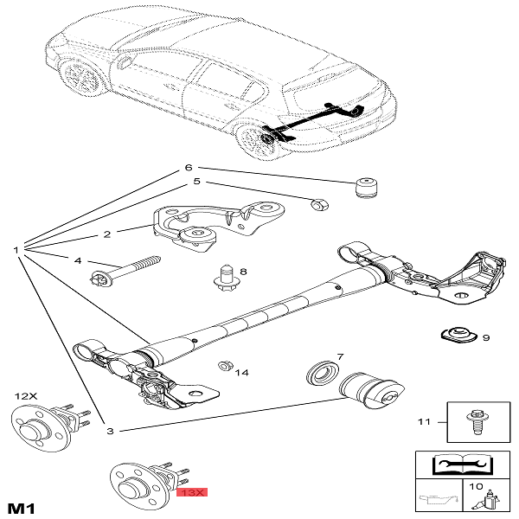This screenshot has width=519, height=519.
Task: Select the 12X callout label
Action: tap(26, 395)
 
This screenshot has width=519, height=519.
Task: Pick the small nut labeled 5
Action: tap(318, 205)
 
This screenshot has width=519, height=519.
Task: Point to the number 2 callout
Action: tap(107, 234)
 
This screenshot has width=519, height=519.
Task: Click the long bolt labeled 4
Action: tap(125, 269)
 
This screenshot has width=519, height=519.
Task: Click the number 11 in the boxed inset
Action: tap(424, 422)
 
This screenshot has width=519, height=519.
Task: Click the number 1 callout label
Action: tap(16, 250)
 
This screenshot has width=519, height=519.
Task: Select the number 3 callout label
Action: tap(111, 430)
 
